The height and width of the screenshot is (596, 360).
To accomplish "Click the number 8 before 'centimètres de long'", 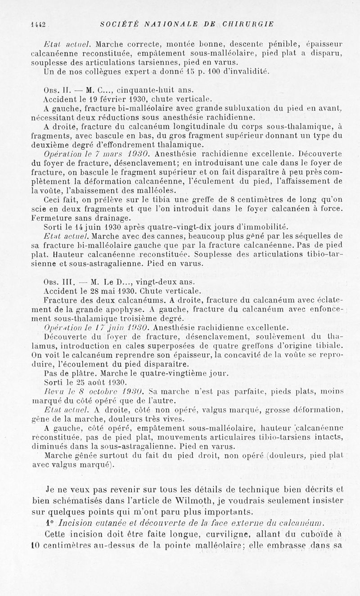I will point(233,198).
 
